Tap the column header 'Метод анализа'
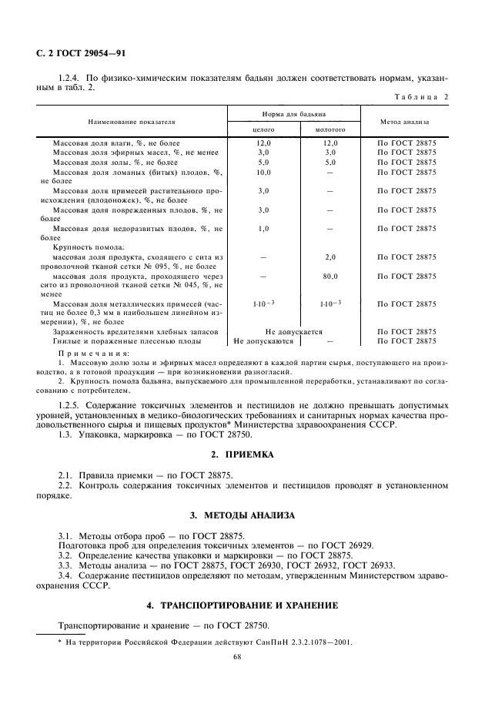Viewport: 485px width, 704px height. coord(403,122)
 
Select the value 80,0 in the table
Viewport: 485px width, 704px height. coord(329,275)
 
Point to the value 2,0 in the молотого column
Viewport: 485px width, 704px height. coord(329,256)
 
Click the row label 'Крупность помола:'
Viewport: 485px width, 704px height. coord(83,247)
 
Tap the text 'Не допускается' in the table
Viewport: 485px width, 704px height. coord(293,330)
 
